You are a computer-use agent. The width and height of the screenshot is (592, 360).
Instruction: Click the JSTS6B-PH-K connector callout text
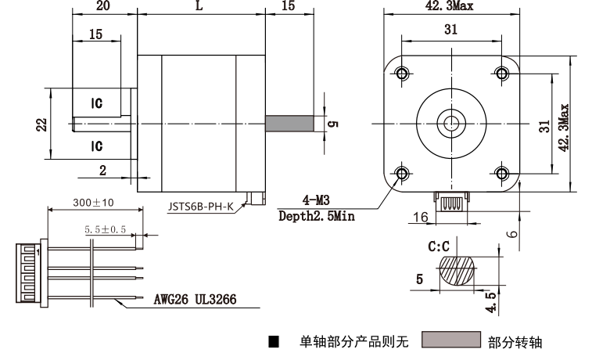(200, 207)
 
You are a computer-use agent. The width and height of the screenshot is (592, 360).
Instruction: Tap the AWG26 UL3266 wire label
(195, 300)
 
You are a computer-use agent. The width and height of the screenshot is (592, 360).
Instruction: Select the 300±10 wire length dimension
(93, 203)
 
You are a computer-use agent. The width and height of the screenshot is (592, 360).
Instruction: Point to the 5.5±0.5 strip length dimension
(105, 229)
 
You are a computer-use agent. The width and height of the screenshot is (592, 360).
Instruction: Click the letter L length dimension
(199, 5)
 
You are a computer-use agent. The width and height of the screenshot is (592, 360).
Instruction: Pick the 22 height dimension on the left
(41, 124)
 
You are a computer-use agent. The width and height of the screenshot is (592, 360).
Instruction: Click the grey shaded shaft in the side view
(289, 123)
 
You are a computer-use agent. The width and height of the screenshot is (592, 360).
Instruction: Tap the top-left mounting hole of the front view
(402, 73)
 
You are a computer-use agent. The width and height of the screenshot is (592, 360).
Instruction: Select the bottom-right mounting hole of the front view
(502, 174)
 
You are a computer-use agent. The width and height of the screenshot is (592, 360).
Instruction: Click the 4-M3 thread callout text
(316, 200)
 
